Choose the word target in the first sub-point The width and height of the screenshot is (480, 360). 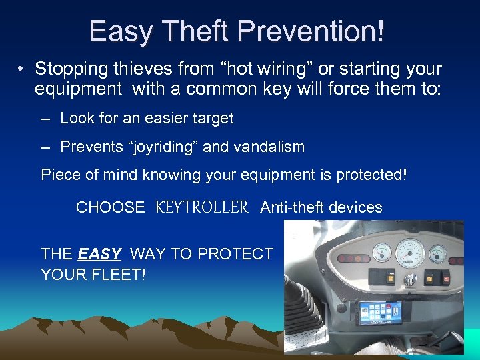[x=210, y=119]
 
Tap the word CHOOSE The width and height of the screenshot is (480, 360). [x=110, y=207]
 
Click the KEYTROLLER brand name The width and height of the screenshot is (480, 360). [x=202, y=207]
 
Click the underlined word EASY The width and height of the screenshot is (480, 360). [x=99, y=254]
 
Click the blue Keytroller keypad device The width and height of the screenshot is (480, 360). [x=379, y=312]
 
